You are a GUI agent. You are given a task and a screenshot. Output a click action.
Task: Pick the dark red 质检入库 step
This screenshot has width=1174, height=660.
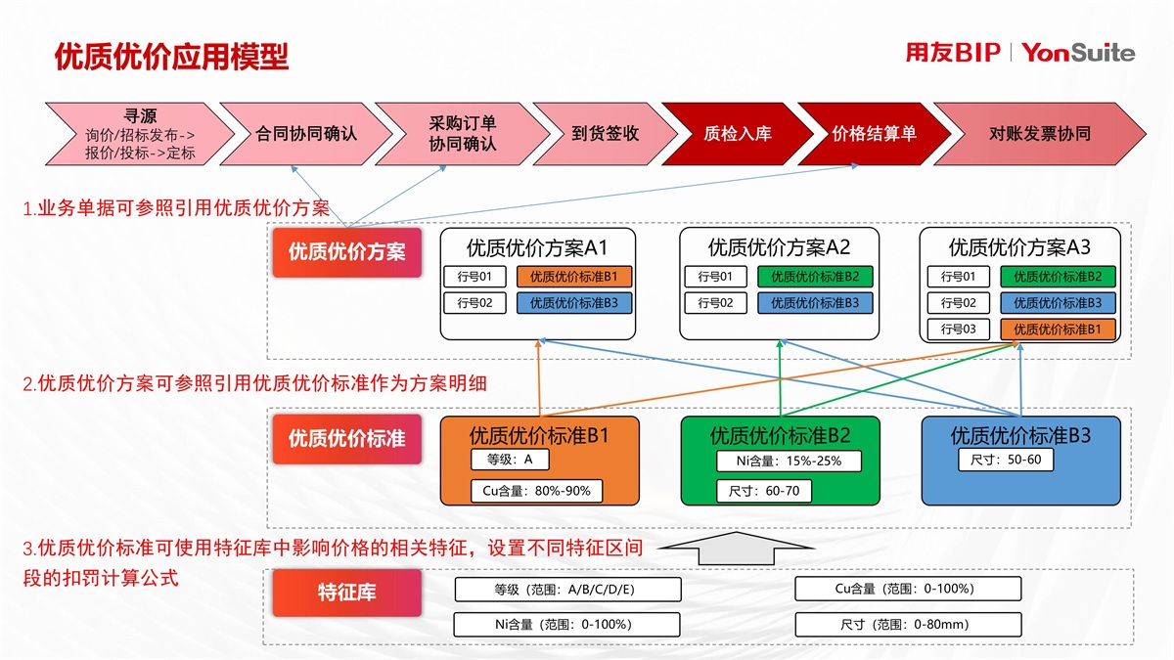(737, 134)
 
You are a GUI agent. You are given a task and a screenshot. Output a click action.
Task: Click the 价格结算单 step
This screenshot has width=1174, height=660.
(874, 134)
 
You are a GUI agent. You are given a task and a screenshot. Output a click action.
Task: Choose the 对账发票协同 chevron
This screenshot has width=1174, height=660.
(1039, 134)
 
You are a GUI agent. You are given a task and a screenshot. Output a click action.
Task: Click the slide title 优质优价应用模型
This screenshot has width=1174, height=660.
(172, 57)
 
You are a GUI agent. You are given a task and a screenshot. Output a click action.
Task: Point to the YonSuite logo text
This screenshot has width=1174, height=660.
(1078, 53)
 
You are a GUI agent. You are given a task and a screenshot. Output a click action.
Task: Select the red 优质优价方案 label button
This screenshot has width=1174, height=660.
(346, 251)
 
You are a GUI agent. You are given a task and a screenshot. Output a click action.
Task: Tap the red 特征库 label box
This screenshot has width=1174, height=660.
(346, 593)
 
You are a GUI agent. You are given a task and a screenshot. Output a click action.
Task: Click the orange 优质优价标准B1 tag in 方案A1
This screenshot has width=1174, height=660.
(574, 277)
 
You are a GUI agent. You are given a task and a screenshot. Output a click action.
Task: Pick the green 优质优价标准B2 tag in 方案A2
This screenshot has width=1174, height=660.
(814, 277)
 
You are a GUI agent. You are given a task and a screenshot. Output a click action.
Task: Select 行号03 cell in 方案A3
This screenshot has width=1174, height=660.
(958, 330)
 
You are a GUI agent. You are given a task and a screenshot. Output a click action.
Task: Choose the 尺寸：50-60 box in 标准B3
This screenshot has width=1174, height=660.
(1005, 460)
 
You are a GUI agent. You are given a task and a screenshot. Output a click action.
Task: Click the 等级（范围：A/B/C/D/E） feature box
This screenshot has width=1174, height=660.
(553, 589)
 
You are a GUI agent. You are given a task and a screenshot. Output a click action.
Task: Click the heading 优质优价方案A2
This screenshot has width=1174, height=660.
(779, 247)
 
